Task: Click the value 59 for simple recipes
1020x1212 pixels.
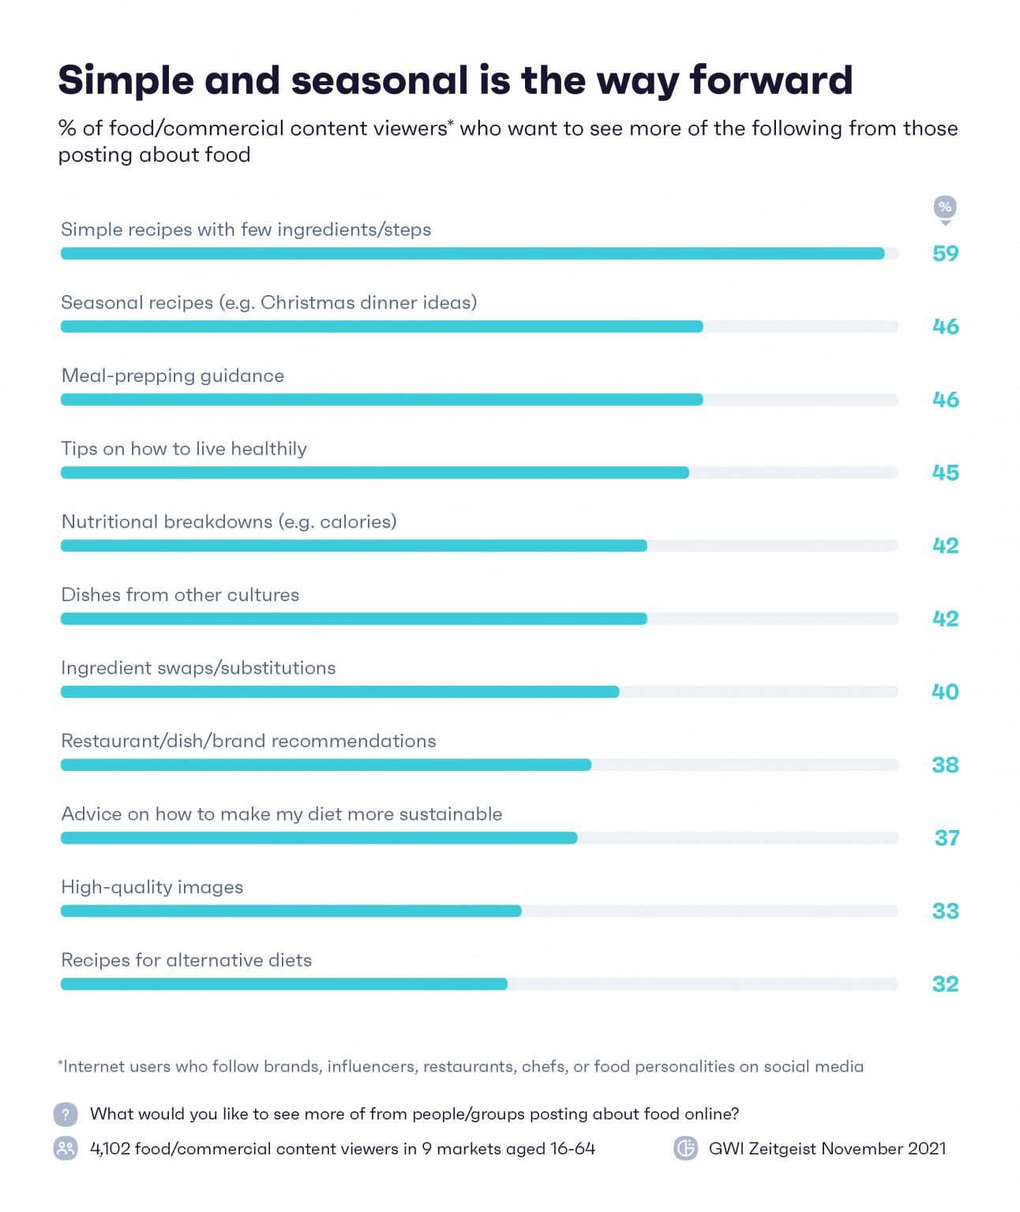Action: click(945, 253)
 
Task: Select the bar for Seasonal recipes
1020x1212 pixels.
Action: click(381, 326)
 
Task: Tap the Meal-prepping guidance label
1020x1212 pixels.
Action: click(173, 376)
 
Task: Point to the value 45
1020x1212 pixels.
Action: click(945, 473)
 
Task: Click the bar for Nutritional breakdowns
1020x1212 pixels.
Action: click(354, 545)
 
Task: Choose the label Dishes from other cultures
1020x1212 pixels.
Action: click(180, 595)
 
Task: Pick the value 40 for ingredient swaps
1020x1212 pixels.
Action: click(945, 692)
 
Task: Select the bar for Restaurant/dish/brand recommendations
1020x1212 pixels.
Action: click(326, 765)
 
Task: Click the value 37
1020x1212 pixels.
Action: click(947, 838)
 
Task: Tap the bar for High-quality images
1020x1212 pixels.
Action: click(291, 911)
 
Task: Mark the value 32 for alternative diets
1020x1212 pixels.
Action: click(945, 985)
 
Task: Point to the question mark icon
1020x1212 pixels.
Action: click(66, 1114)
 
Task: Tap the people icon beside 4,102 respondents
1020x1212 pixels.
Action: click(66, 1149)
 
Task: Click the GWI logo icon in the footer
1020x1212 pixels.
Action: click(685, 1149)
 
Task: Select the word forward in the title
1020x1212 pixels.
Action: click(771, 80)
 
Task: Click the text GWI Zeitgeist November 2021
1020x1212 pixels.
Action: click(827, 1149)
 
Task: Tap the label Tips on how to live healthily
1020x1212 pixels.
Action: click(184, 449)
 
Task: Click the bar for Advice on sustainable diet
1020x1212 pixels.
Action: click(319, 838)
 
